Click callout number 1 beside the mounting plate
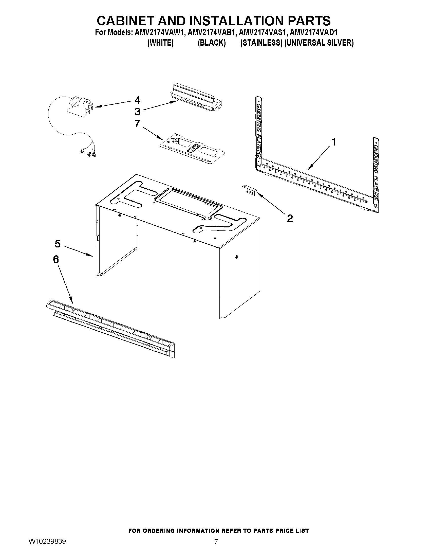[x=333, y=142]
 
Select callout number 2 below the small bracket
[x=290, y=218]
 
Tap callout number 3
[x=137, y=112]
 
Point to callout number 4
[x=137, y=100]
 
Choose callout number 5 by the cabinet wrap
[x=58, y=244]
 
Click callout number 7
[x=137, y=123]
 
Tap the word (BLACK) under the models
[x=212, y=43]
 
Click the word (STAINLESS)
[x=261, y=43]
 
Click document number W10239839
[x=47, y=548]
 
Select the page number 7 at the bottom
[x=216, y=548]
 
